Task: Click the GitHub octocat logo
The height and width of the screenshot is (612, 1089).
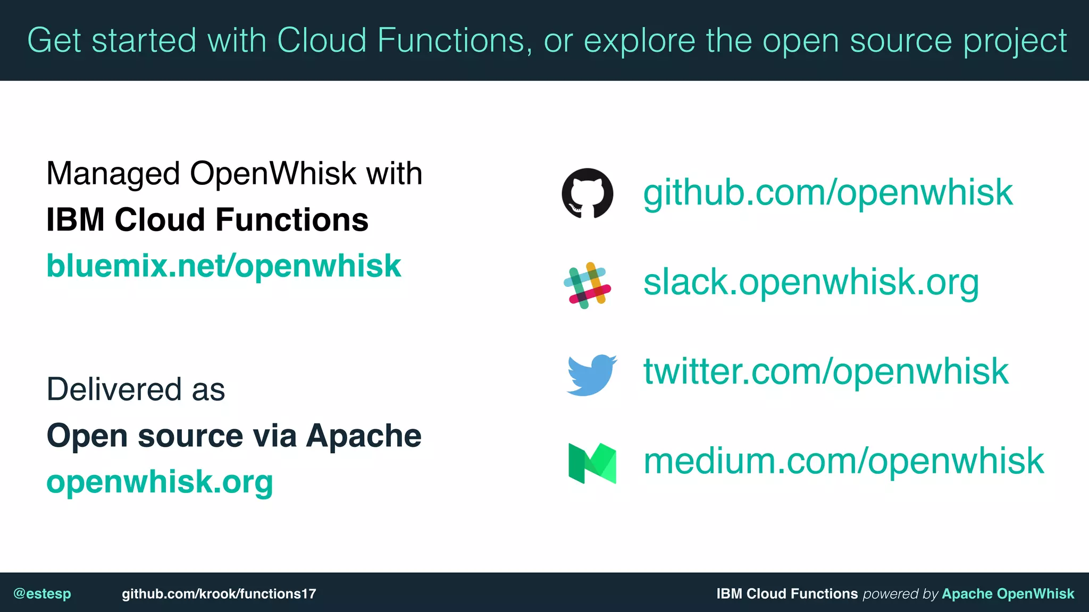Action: (587, 193)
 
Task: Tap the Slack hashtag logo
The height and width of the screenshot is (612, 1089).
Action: (587, 285)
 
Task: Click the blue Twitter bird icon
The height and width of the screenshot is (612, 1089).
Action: (591, 375)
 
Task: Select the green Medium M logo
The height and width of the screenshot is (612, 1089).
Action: (592, 463)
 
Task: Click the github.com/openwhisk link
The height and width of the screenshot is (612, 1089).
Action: (827, 193)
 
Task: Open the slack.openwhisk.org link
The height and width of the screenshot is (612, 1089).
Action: (811, 283)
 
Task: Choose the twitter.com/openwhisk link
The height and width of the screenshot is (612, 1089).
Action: (825, 372)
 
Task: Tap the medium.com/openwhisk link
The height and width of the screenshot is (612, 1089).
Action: (843, 461)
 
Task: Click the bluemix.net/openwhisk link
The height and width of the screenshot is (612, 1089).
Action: (223, 266)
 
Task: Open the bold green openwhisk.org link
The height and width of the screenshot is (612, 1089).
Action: (160, 482)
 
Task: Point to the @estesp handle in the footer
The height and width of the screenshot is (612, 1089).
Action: (42, 593)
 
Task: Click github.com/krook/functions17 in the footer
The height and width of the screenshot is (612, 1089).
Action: (219, 593)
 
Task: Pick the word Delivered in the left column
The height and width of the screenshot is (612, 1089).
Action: (114, 389)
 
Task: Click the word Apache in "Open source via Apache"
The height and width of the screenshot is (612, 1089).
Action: (364, 436)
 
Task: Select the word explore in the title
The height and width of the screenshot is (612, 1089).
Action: (639, 41)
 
